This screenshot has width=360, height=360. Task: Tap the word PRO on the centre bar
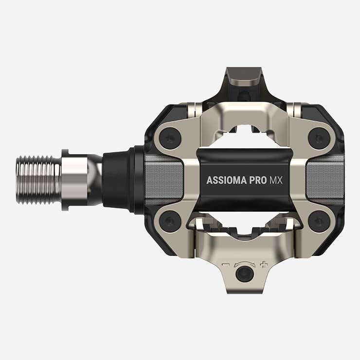click(x=257, y=180)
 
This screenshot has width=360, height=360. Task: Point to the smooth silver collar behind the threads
click(x=78, y=180)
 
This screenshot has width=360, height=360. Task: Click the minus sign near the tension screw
click(x=225, y=265)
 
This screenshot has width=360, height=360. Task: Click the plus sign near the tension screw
click(x=264, y=265)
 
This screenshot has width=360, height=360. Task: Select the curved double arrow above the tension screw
click(x=244, y=263)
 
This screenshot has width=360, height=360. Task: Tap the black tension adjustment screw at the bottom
click(x=244, y=275)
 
